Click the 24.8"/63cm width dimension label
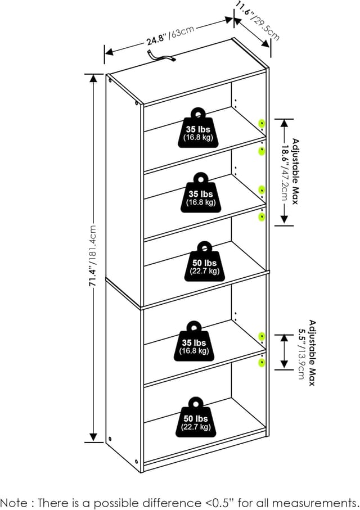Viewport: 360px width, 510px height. point(170,35)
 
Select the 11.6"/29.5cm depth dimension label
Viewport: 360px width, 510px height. point(258,22)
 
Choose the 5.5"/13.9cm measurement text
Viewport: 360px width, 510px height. point(301,353)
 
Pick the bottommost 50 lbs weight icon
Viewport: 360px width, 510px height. point(196,417)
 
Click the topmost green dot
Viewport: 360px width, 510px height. point(262,124)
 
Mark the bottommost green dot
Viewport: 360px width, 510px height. point(262,363)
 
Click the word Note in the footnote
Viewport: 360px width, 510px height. point(14,502)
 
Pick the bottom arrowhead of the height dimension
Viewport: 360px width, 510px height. point(93,437)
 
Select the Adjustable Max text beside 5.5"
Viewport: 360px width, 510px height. point(312,353)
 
